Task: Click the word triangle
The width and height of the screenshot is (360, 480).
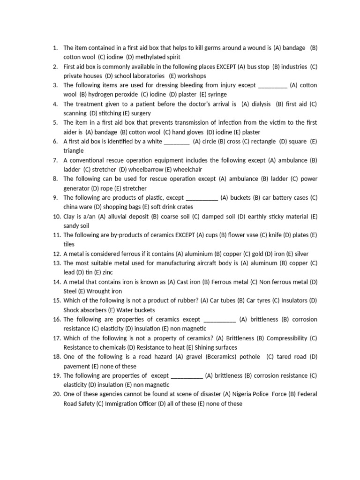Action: point(74,150)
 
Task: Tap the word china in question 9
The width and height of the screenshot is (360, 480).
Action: point(71,207)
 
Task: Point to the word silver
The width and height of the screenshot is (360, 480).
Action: point(301,254)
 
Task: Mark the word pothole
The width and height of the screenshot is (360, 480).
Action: point(250,357)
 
